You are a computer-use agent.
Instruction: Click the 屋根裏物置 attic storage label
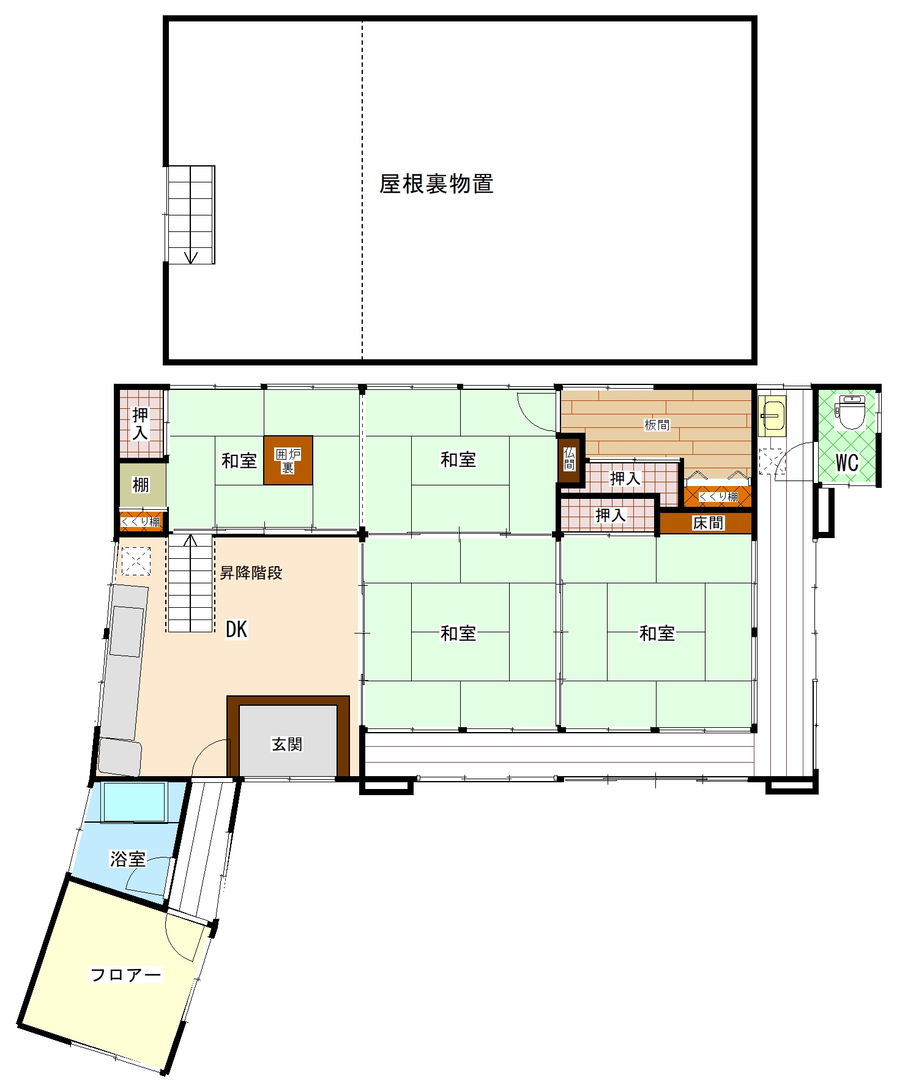(x=436, y=184)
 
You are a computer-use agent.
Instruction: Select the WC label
(x=847, y=463)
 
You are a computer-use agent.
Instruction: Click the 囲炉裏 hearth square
(x=288, y=460)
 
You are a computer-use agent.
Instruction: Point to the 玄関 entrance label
(x=287, y=744)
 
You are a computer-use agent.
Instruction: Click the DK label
(x=237, y=629)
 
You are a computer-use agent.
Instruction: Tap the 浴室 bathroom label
(x=128, y=859)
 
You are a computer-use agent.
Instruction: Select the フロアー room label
(x=125, y=974)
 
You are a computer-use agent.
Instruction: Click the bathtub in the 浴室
(x=135, y=802)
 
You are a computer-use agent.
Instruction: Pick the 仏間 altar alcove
(x=570, y=459)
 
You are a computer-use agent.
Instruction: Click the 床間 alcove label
(x=709, y=523)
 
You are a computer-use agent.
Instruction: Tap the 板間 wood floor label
(x=657, y=425)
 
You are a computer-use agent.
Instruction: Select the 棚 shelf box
(x=142, y=485)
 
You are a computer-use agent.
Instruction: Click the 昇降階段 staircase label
(x=251, y=573)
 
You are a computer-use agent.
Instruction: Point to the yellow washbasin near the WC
(x=772, y=416)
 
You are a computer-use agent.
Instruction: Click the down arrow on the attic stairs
(x=191, y=257)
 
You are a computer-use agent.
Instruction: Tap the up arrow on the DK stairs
(x=191, y=540)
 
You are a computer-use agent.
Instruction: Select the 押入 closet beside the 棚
(x=141, y=424)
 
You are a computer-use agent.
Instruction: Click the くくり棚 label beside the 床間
(x=718, y=496)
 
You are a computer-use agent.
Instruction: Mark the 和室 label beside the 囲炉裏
(x=239, y=460)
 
